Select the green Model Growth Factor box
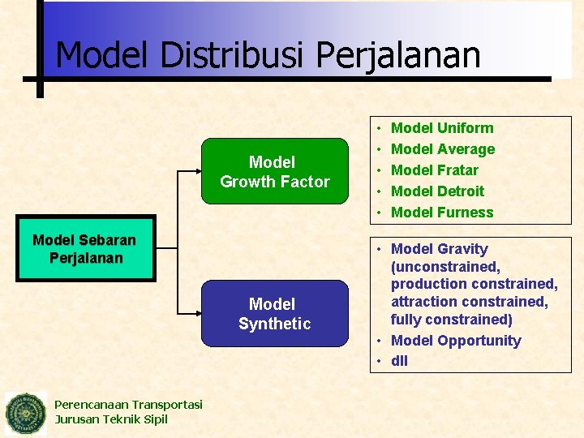click(x=274, y=172)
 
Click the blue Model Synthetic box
click(x=274, y=314)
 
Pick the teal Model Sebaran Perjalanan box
click(x=84, y=249)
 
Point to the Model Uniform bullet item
click(x=441, y=128)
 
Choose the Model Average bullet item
click(x=442, y=149)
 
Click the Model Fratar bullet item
click(x=434, y=170)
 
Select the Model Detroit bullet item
click(x=437, y=191)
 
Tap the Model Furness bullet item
click(x=441, y=213)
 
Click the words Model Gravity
click(x=439, y=249)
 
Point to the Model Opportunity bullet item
click(x=455, y=341)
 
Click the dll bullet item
click(x=399, y=361)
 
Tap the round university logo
click(x=26, y=414)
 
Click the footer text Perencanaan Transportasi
click(x=128, y=405)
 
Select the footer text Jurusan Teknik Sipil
click(x=111, y=419)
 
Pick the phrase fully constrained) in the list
click(x=451, y=320)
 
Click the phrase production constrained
click(x=474, y=284)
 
